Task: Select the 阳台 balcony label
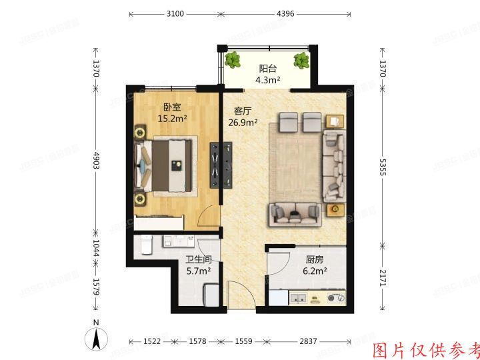267,68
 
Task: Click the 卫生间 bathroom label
199,260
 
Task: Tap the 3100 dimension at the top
175,13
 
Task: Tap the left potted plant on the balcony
233,61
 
